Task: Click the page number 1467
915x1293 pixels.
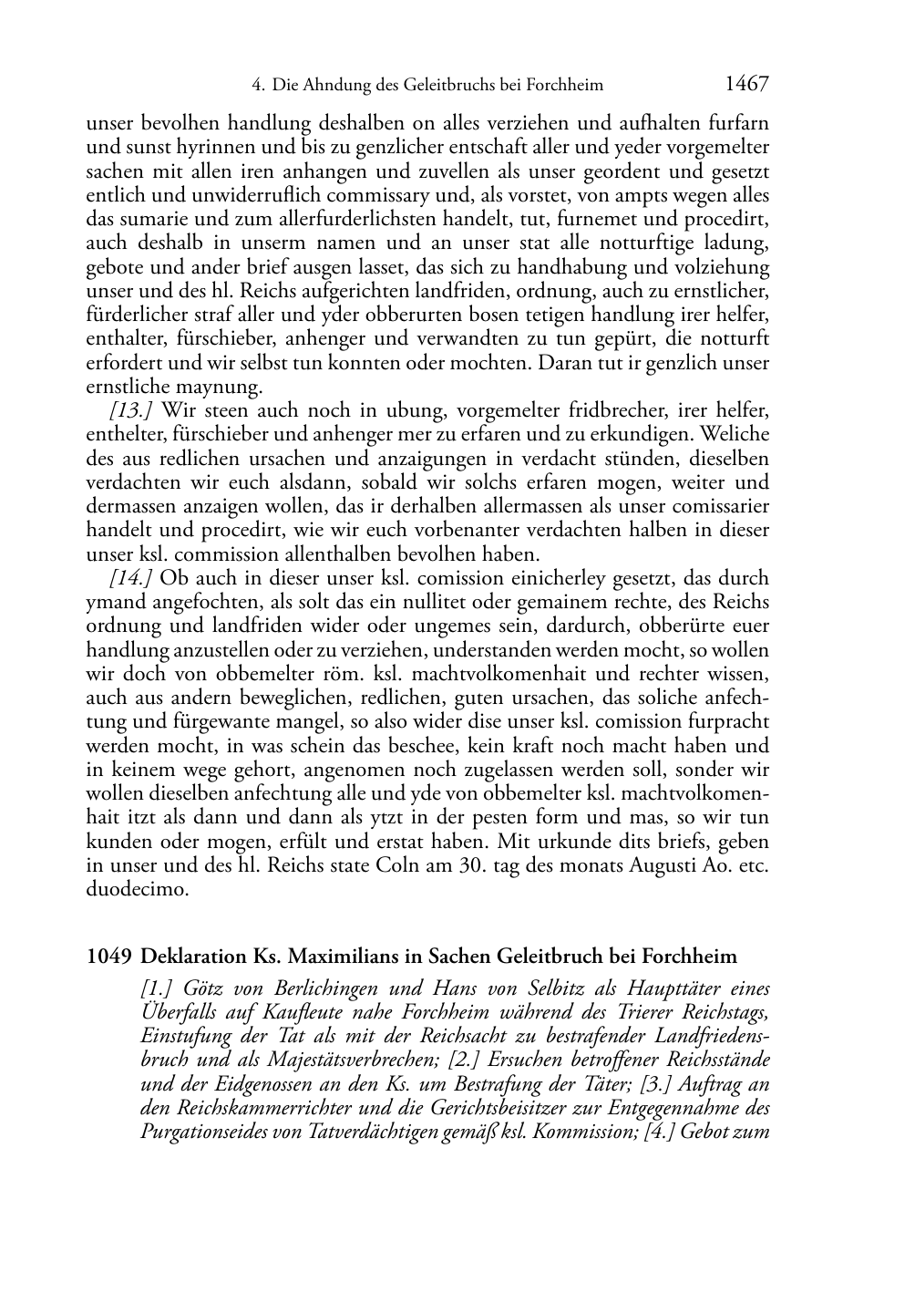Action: point(746,85)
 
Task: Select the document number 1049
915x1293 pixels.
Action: point(108,957)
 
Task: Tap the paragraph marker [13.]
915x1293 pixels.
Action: point(130,411)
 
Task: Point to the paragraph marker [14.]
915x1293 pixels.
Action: point(130,578)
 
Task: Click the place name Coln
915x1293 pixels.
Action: point(397,865)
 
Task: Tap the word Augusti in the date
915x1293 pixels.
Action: point(663,865)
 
